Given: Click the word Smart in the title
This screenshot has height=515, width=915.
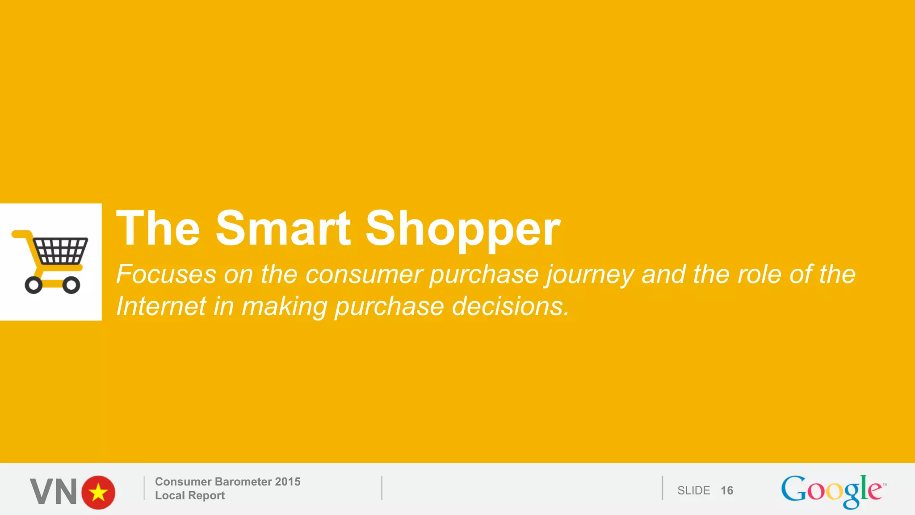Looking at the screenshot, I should [283, 229].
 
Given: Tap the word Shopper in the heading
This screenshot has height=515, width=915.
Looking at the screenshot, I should [463, 229].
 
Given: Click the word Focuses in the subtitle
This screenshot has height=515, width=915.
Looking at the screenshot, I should [166, 274].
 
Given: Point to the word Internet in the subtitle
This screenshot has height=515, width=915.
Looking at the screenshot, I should [161, 307].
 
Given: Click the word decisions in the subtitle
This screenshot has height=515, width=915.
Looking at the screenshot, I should [510, 307].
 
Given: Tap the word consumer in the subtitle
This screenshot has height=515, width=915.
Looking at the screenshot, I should [364, 275].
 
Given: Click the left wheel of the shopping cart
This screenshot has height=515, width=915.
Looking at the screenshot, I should [34, 285].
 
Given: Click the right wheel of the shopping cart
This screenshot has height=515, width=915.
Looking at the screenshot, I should [71, 285].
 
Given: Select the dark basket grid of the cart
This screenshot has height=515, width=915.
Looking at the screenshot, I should [61, 251].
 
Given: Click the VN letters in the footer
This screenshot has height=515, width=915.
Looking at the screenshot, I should [54, 492].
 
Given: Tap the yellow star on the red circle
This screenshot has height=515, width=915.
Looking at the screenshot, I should [98, 493].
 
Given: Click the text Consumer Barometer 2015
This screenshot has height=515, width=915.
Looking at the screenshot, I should [227, 482].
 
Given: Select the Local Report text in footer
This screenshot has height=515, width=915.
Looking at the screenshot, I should [190, 496].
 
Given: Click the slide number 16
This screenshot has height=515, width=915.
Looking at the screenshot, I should [727, 491].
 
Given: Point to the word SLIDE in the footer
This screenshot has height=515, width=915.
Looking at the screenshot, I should [693, 491].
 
